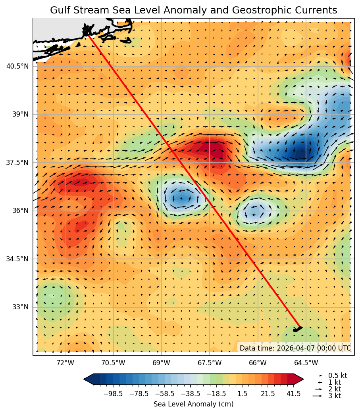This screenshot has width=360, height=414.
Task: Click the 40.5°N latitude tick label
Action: click(x=17, y=66)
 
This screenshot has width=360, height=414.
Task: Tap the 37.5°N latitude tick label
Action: click(x=17, y=163)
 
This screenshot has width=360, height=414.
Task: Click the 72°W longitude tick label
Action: click(x=65, y=362)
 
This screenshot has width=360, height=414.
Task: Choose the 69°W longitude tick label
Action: click(x=161, y=362)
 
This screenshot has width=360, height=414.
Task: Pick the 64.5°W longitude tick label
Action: click(x=306, y=362)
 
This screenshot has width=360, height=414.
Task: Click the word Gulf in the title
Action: click(x=60, y=10)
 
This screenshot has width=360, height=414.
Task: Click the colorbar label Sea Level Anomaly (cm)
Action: click(x=193, y=404)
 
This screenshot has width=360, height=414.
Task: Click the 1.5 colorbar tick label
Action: click(x=242, y=394)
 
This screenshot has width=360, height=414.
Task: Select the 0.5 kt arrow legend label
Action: click(x=337, y=376)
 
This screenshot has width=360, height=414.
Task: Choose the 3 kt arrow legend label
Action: click(x=334, y=396)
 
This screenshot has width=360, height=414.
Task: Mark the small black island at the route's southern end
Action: click(x=297, y=329)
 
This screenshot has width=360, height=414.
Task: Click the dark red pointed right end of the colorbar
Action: click(x=299, y=379)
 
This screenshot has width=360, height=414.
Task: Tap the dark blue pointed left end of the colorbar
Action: click(x=88, y=379)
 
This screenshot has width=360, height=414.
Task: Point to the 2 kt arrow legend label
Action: click(x=334, y=389)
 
